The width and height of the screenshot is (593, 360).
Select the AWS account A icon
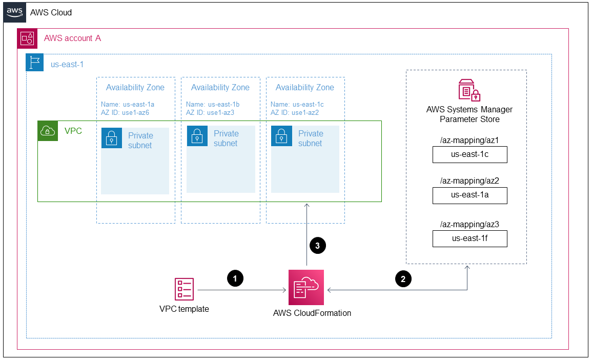[x=27, y=38]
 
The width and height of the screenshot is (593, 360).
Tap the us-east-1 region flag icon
[x=35, y=63]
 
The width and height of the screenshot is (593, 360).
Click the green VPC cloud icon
[x=47, y=131]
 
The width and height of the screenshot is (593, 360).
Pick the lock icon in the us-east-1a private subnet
[x=112, y=138]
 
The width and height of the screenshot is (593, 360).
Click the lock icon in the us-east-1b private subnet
[x=197, y=136]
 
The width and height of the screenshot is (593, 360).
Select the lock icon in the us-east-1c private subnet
[x=281, y=136]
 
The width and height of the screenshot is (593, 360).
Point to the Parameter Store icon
[x=469, y=90]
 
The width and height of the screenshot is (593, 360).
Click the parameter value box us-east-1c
[x=469, y=155]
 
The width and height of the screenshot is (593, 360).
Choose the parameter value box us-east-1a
[x=469, y=195]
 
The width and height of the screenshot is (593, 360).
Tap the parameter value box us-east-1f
[x=469, y=238]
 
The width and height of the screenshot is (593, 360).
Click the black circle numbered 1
[x=235, y=278]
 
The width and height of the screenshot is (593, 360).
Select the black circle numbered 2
[x=403, y=278]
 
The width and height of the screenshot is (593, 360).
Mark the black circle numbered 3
[x=318, y=246]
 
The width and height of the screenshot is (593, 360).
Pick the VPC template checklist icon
[x=184, y=289]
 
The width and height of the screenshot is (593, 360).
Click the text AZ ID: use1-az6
[x=126, y=112]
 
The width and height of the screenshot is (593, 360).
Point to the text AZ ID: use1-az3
[x=210, y=112]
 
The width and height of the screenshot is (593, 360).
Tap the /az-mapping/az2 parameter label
[x=469, y=181]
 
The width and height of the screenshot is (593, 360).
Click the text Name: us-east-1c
[x=297, y=104]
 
